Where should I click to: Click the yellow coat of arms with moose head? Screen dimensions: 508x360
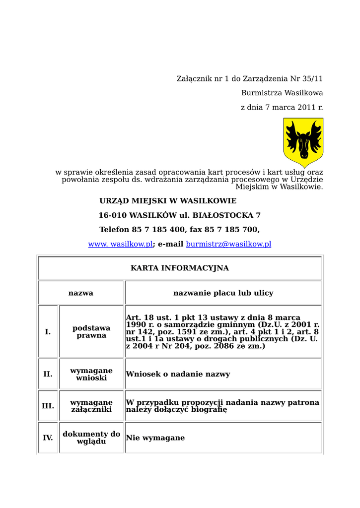(x=303, y=142)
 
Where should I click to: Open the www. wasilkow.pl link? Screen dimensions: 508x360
(x=120, y=245)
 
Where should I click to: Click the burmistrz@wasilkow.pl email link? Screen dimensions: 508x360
(x=228, y=245)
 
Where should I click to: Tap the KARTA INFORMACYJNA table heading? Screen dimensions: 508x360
(x=180, y=268)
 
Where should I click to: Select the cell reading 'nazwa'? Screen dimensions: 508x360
(x=80, y=293)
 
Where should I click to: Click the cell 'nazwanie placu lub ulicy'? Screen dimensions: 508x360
(x=223, y=293)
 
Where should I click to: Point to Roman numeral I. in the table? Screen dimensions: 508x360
(x=48, y=332)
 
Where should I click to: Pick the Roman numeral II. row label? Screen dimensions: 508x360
(x=48, y=374)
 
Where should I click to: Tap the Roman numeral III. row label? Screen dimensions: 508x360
(x=48, y=406)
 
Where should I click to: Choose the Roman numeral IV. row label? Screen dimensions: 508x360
(x=48, y=438)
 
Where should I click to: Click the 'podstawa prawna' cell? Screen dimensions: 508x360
(x=91, y=332)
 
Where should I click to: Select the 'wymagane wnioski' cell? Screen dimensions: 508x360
(x=91, y=374)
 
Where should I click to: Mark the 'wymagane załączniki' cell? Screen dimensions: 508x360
(x=91, y=406)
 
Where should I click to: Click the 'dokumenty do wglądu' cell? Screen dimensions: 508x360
(x=91, y=438)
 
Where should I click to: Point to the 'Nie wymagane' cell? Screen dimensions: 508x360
(x=155, y=438)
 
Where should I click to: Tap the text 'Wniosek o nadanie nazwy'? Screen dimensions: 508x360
(x=178, y=375)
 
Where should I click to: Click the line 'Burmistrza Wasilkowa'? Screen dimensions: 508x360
(x=282, y=93)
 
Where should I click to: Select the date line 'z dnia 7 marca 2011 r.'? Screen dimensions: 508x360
(x=282, y=108)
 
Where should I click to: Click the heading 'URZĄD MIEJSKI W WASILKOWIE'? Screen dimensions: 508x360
(x=168, y=201)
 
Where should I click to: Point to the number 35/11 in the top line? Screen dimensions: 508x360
(x=313, y=79)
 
